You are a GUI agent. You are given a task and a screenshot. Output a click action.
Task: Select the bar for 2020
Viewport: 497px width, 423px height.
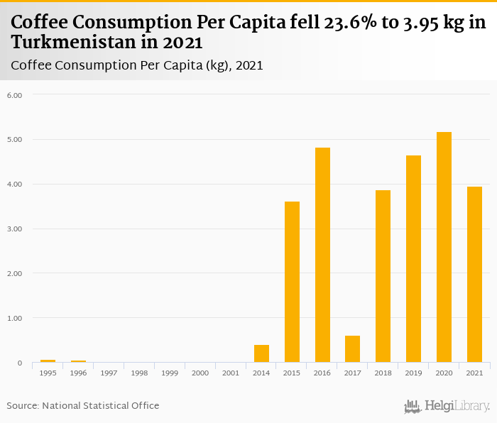[x=444, y=247]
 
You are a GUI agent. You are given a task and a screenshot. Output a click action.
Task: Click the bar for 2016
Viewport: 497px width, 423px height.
[x=322, y=255]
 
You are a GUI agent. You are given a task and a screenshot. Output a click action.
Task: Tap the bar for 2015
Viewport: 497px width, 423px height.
[x=292, y=282]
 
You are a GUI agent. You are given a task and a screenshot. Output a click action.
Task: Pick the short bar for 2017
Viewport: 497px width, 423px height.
[x=352, y=349]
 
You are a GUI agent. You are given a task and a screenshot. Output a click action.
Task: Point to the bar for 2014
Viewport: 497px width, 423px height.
[x=261, y=353]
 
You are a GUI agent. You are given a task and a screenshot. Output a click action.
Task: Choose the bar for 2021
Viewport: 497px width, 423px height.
[x=474, y=275]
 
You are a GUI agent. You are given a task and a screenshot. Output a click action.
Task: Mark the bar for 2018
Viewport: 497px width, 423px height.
[x=383, y=276]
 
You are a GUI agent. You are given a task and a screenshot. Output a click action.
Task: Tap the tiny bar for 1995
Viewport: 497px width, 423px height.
[x=48, y=361]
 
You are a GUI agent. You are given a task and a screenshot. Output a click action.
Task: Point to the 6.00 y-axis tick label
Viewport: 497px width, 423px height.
[x=15, y=95]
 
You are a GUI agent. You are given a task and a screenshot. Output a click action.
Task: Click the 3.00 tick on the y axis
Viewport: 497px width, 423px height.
[x=15, y=229]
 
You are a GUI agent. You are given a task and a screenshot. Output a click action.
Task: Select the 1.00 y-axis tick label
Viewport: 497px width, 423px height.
[x=15, y=319]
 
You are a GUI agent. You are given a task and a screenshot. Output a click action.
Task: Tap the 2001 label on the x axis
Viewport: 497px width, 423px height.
[x=231, y=373]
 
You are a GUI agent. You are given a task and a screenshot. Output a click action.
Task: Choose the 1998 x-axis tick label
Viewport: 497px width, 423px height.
[x=139, y=373]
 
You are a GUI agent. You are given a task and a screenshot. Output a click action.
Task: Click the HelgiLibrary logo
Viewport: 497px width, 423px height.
[x=447, y=406]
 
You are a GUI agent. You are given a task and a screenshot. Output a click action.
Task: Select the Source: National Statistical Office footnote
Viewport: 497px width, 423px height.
[x=83, y=406]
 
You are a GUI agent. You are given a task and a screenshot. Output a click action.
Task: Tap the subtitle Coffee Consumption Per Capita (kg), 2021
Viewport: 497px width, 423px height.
[x=137, y=65]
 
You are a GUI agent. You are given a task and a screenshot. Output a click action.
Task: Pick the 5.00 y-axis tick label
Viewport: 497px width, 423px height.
[x=15, y=140]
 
